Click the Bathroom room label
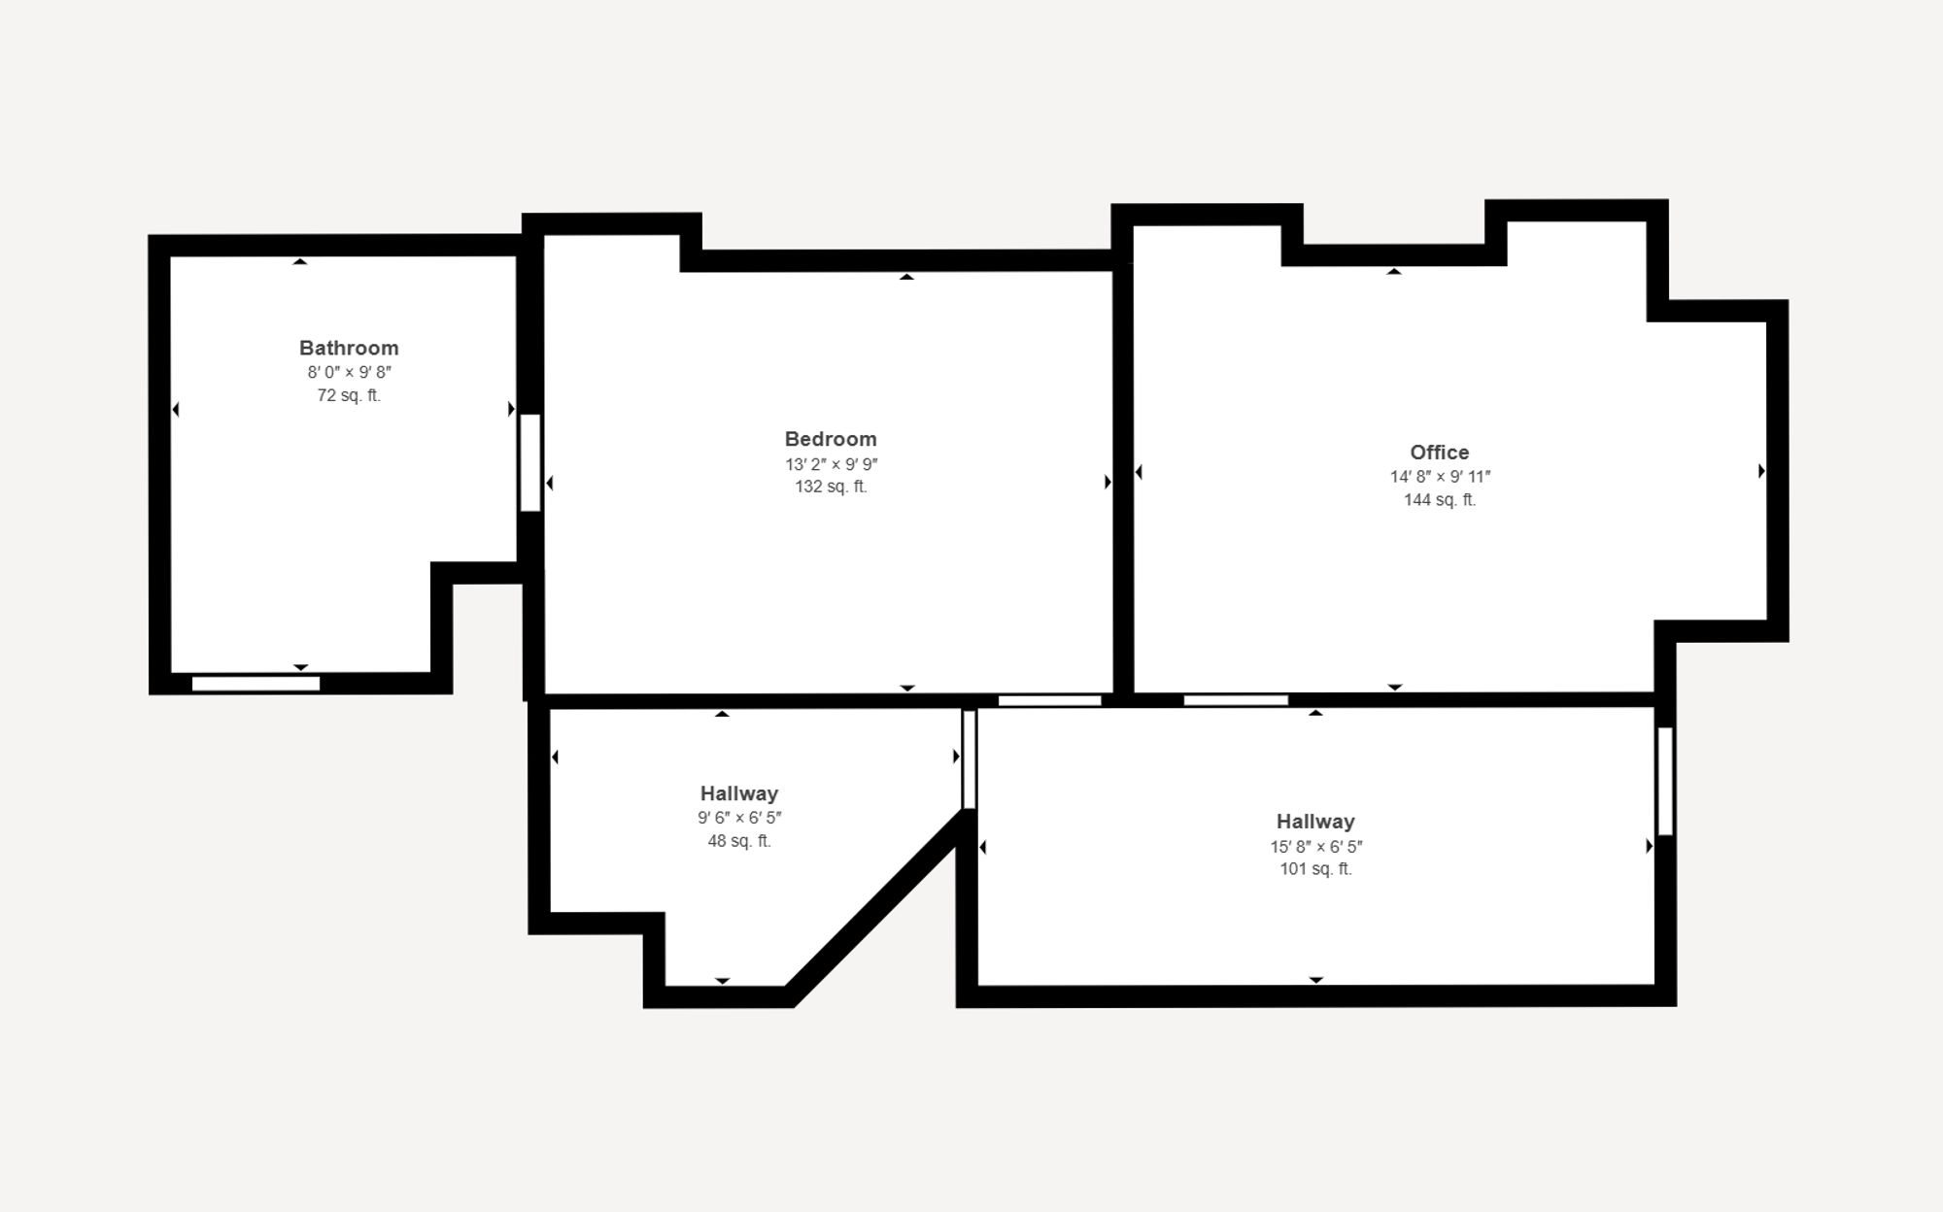pos(349,348)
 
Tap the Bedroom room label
pos(831,439)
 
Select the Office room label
pos(1439,452)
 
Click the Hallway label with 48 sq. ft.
pos(738,793)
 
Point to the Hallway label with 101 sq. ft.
pos(1314,822)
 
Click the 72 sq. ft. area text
pos(349,395)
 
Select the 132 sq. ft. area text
pos(831,487)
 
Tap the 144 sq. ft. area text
pos(1439,500)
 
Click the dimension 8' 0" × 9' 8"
pos(349,372)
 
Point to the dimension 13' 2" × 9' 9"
pos(831,464)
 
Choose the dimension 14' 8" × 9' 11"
pos(1439,477)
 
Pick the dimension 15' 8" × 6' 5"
pos(1314,847)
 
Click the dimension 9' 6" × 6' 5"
pos(738,818)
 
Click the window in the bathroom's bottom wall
pos(256,684)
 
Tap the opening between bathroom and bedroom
pos(529,462)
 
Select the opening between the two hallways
pos(969,759)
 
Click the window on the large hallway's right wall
pos(1664,781)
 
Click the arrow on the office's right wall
pos(1761,471)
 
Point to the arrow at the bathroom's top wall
pos(300,261)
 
